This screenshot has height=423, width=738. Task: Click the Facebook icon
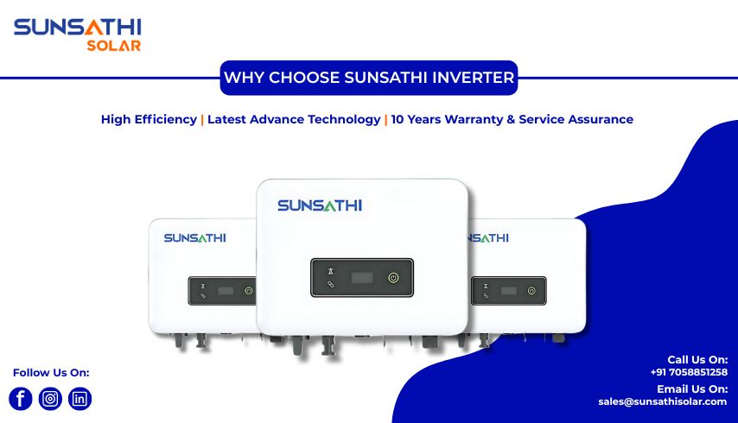pos(21,399)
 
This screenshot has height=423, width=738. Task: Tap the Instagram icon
pos(50,399)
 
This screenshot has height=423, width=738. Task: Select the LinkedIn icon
pos(80,399)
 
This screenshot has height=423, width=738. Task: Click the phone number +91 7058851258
pos(689,372)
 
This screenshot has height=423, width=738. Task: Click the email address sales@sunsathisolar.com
pos(662,401)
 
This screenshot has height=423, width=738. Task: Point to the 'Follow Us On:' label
pos(51,373)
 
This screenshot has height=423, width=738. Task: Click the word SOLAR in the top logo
pos(113,46)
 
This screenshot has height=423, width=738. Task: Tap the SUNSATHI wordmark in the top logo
pos(77,28)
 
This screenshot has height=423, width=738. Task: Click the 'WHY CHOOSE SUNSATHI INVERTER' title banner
pos(369,78)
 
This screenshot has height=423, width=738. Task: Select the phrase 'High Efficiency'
pos(149,119)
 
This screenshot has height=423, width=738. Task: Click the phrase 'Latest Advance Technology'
pos(294,119)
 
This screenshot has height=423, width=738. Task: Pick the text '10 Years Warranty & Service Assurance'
pos(512,119)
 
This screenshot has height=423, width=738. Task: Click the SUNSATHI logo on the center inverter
pos(320,205)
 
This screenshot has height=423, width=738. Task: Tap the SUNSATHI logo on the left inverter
pos(194,237)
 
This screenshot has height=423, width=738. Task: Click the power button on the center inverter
pos(394,278)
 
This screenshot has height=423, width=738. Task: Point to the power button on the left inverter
pos(248,291)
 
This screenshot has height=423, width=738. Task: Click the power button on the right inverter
pos(531,291)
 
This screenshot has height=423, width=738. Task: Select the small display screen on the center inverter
pos(362,278)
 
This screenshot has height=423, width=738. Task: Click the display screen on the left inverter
pos(226,291)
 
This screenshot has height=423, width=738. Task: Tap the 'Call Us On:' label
pos(697,359)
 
